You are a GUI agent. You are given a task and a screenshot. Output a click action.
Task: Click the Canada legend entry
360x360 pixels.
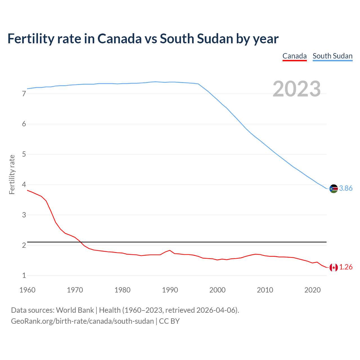point(294,56)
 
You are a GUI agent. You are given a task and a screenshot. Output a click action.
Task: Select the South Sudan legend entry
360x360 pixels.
point(332,56)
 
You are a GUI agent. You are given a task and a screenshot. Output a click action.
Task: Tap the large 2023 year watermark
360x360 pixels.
point(296,89)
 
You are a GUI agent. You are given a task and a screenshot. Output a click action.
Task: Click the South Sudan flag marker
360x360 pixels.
point(333,188)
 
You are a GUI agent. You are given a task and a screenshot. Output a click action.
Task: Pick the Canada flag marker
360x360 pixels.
point(333,267)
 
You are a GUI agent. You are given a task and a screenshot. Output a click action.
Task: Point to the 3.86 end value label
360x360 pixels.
point(346,188)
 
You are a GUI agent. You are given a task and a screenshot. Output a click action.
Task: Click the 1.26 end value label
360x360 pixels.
point(346,267)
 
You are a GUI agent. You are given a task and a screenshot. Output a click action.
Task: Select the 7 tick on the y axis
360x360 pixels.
point(24,94)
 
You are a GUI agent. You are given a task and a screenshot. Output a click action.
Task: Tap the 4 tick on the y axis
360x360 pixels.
point(24,185)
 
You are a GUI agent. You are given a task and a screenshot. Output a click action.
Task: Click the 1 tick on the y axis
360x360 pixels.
point(24,276)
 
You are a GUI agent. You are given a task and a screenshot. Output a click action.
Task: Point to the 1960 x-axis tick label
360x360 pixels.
point(27,290)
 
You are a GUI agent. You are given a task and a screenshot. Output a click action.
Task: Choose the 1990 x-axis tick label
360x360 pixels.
point(170,290)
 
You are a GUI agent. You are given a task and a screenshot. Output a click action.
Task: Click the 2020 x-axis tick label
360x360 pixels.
point(312,290)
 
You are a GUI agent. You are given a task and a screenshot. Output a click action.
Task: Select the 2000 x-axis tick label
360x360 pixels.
point(217,290)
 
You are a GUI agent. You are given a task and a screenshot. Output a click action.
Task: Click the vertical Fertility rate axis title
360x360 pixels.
point(12,174)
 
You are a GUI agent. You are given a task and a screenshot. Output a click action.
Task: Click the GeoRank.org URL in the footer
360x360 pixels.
point(82,321)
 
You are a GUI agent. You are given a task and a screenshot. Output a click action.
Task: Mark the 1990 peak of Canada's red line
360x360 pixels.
point(170,250)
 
